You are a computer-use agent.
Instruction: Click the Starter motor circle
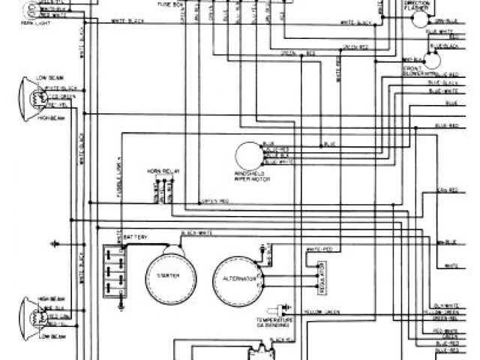[x=172, y=275]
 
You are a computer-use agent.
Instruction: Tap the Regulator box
[x=320, y=278]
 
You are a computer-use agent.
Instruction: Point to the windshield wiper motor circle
[x=250, y=156]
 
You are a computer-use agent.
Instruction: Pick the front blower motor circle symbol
[x=432, y=61]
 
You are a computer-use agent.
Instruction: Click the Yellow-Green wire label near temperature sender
[x=320, y=311]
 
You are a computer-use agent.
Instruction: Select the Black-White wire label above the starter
[x=196, y=233]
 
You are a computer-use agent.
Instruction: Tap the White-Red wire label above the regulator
[x=319, y=248]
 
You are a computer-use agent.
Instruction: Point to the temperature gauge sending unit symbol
[x=283, y=307]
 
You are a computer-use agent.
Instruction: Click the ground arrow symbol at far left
[x=55, y=243]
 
